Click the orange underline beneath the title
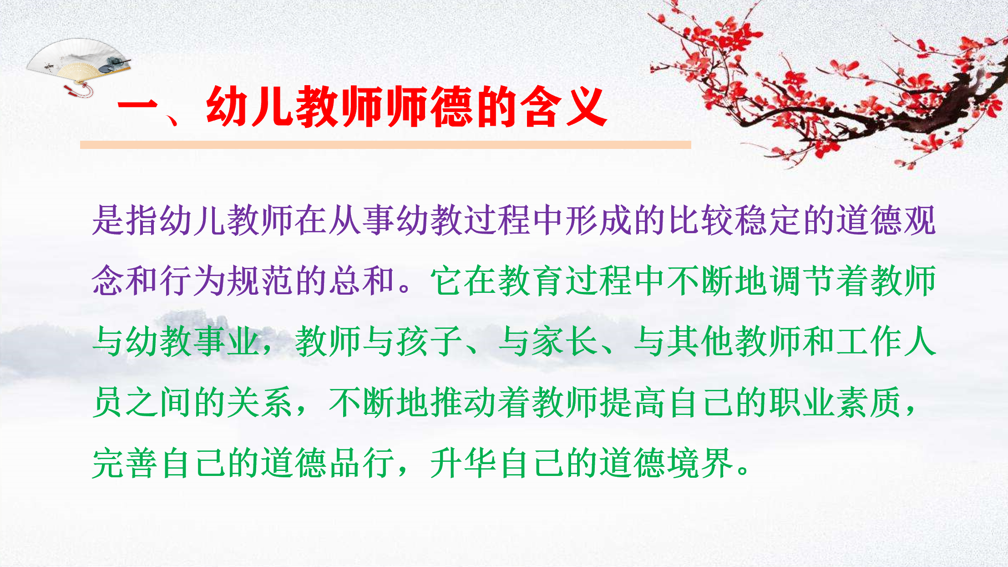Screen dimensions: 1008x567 (x=385, y=145)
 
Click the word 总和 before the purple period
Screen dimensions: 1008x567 (x=362, y=281)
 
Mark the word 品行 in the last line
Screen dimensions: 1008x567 (x=362, y=463)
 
